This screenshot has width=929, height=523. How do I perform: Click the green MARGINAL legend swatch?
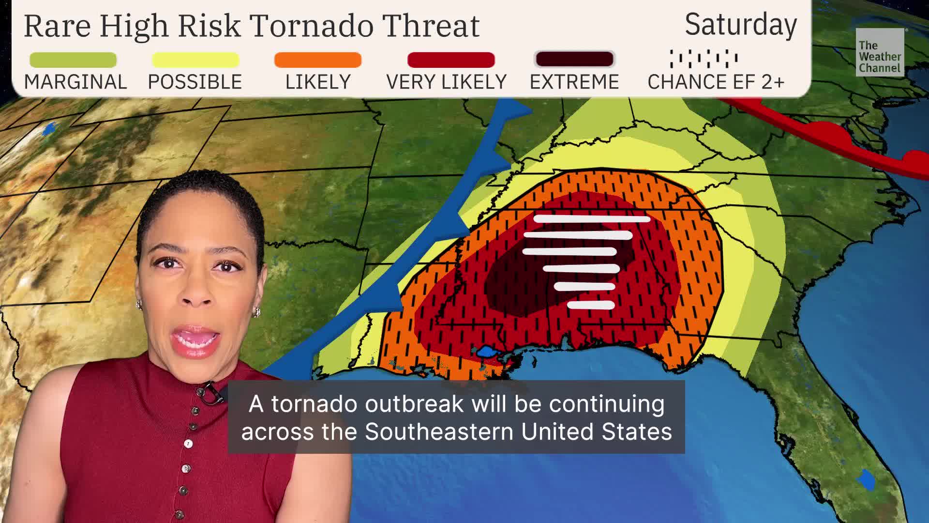[73, 60]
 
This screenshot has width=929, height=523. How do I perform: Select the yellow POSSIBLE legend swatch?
[195, 60]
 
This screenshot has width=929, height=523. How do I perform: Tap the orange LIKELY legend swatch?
[317, 60]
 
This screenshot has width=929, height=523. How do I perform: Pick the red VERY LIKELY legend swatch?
[451, 60]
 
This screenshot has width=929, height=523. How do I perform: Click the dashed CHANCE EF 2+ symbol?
[704, 59]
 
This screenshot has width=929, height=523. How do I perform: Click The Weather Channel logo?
[880, 52]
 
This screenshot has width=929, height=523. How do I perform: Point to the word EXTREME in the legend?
[574, 82]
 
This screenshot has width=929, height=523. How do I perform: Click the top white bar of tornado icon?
[592, 219]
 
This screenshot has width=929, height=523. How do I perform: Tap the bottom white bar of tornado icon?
[591, 305]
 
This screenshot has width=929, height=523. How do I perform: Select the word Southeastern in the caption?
[439, 431]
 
